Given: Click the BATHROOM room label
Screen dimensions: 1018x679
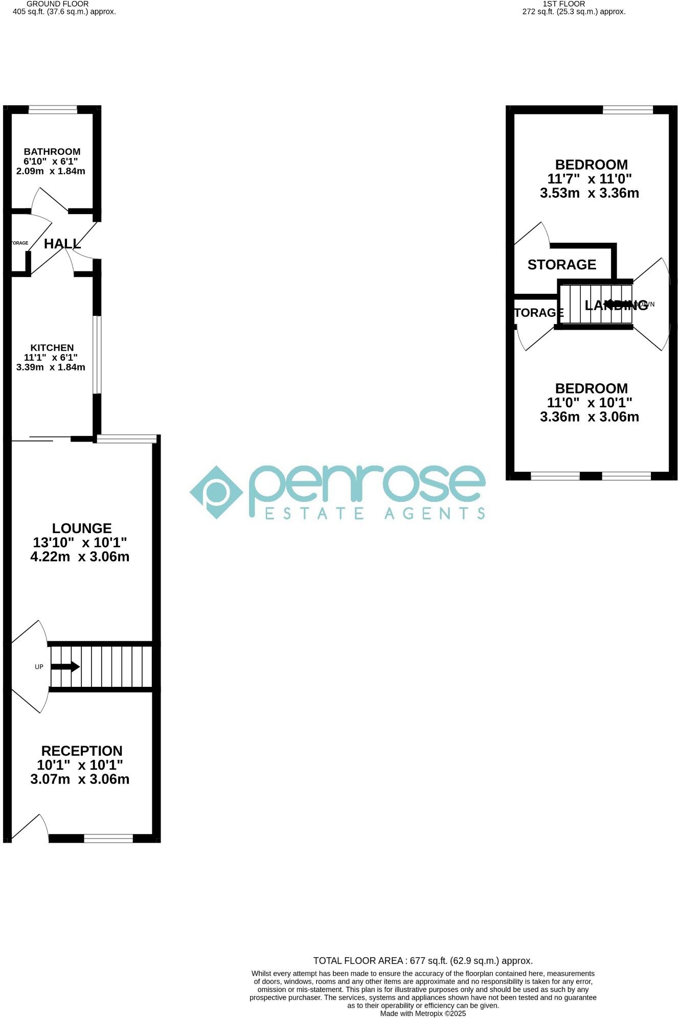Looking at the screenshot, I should point(52,151).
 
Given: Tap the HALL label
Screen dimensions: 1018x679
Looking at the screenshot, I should point(62,244).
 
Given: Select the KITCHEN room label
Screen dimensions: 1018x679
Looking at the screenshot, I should point(52,348).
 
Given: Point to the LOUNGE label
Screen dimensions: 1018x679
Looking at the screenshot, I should point(82,528).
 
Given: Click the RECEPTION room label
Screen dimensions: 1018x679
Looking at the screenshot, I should point(82,751).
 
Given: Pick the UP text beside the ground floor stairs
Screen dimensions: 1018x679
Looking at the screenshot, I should point(39,666).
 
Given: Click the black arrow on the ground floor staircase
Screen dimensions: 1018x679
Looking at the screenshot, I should point(65,666).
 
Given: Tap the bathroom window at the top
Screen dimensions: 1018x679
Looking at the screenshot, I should point(53,109).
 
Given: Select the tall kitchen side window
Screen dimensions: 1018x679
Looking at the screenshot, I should point(97,355).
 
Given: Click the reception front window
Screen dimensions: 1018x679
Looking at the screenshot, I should point(108,838).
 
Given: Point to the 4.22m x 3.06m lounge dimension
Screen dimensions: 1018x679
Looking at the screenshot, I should point(80,557).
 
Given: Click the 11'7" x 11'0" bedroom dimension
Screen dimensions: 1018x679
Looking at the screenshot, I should point(590,179).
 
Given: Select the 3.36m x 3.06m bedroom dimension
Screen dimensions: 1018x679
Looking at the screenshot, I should point(590,417).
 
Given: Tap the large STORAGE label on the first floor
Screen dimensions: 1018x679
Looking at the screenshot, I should point(562,264).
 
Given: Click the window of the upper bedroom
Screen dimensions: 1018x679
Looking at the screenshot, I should point(628,109).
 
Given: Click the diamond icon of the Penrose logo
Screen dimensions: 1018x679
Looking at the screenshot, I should point(216,492).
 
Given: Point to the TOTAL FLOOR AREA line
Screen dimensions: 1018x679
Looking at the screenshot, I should point(423,961).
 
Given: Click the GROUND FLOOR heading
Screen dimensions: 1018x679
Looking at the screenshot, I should point(57,4).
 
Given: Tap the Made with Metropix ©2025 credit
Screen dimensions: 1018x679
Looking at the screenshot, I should point(423,1013).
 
